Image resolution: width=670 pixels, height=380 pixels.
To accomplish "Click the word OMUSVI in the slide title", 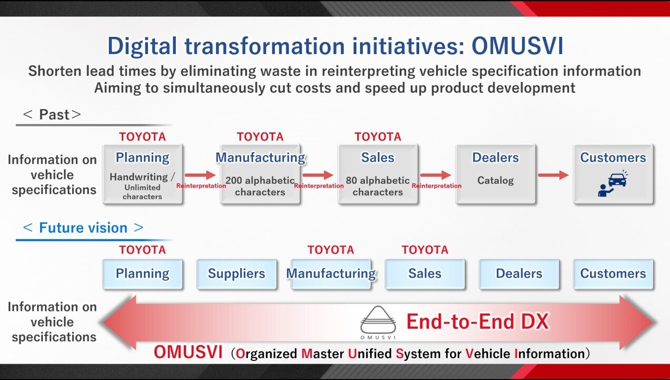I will pyautogui.click(x=517, y=46).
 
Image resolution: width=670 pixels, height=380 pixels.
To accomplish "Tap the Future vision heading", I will pyautogui.click(x=83, y=228).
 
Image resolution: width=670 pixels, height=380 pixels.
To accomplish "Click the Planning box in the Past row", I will pyautogui.click(x=142, y=174).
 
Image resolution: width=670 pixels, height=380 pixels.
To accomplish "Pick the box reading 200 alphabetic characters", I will pyautogui.click(x=260, y=174).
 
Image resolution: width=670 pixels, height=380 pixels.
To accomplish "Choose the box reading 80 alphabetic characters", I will pyautogui.click(x=378, y=174).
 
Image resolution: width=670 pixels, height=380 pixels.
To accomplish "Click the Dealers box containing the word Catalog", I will pyautogui.click(x=495, y=174).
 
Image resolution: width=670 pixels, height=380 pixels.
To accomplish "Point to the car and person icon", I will pyautogui.click(x=613, y=184).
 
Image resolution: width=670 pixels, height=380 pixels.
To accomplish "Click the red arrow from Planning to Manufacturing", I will pyautogui.click(x=201, y=175).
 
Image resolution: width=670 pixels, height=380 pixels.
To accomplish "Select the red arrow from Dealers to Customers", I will pyautogui.click(x=554, y=175).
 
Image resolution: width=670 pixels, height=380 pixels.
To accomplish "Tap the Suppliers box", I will pyautogui.click(x=237, y=273).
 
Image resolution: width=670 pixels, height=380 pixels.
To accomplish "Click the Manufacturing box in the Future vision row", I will pyautogui.click(x=331, y=273).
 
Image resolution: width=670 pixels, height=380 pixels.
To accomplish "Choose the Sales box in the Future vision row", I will pyautogui.click(x=425, y=273).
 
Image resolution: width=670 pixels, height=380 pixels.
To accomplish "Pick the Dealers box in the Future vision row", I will pyautogui.click(x=519, y=273).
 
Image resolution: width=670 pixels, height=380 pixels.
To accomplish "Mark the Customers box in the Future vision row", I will pyautogui.click(x=613, y=273).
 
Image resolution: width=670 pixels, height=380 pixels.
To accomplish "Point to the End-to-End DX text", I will pyautogui.click(x=477, y=321).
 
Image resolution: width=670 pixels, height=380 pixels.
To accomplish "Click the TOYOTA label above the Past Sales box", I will pyautogui.click(x=378, y=137).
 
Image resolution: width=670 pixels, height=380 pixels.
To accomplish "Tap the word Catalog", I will pyautogui.click(x=495, y=180).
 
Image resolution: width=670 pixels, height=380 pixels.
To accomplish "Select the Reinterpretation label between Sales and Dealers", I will pyautogui.click(x=437, y=186).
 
